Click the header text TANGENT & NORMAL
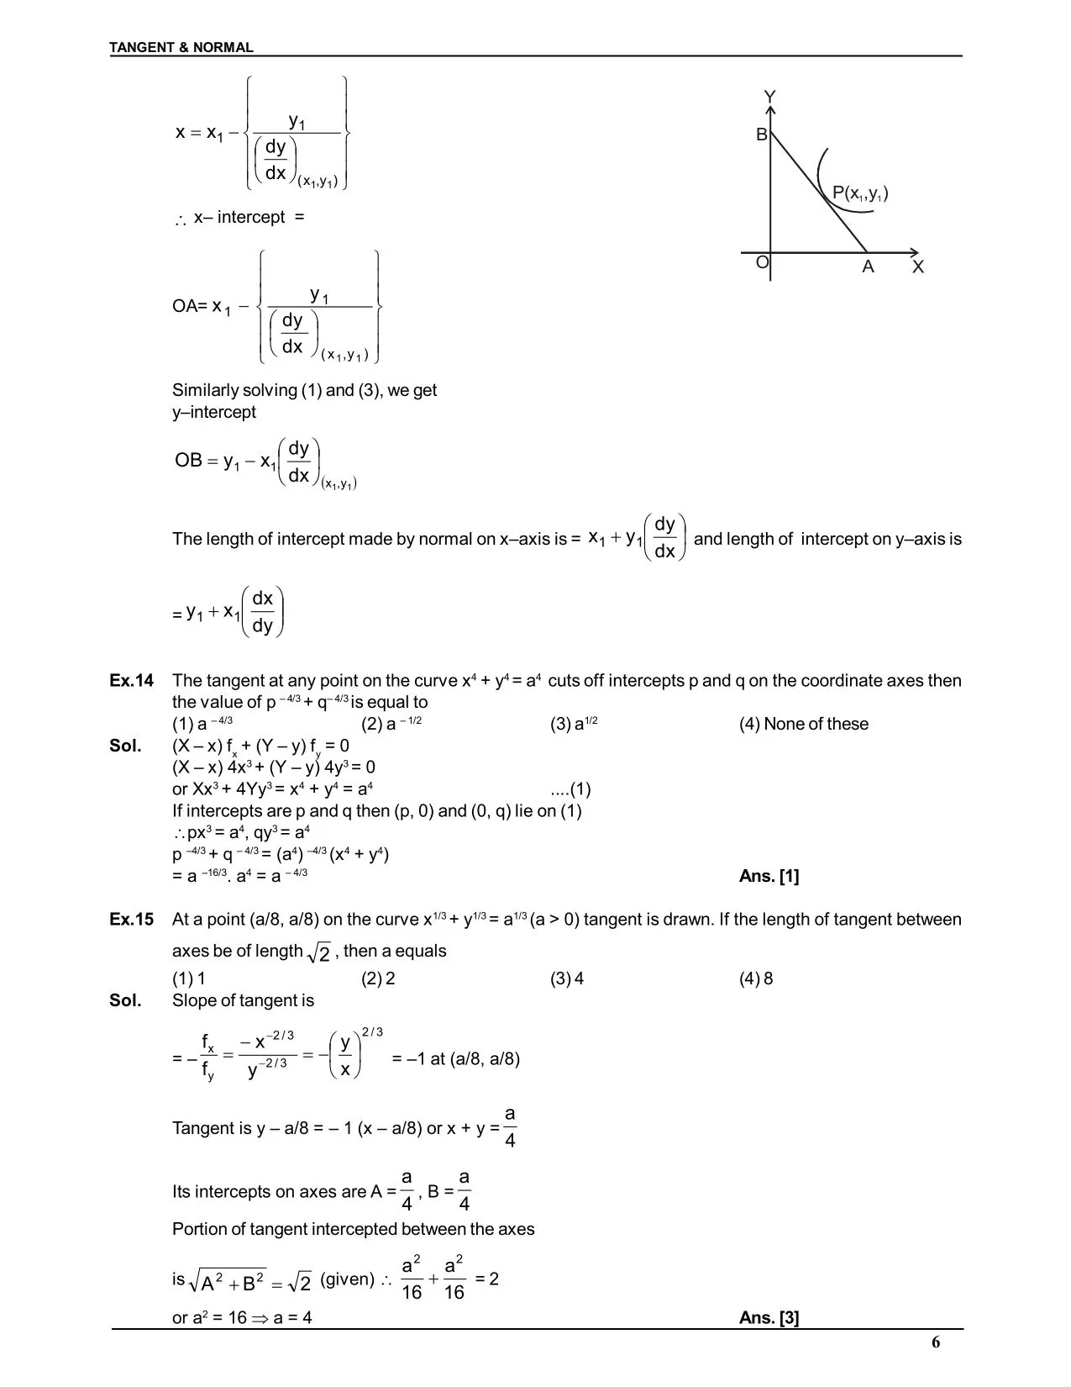click(181, 48)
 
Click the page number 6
click(936, 1342)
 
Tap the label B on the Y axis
click(761, 134)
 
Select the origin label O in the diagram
click(762, 262)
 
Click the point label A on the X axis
click(868, 267)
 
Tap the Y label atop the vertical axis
click(769, 98)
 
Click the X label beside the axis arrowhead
click(917, 267)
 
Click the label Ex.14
click(132, 681)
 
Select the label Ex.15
click(132, 920)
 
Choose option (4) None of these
click(803, 725)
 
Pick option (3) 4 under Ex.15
click(567, 978)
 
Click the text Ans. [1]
click(769, 877)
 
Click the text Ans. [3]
click(769, 1318)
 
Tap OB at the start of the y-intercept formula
click(188, 461)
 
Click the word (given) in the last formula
click(347, 1280)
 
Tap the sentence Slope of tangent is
click(243, 1001)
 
